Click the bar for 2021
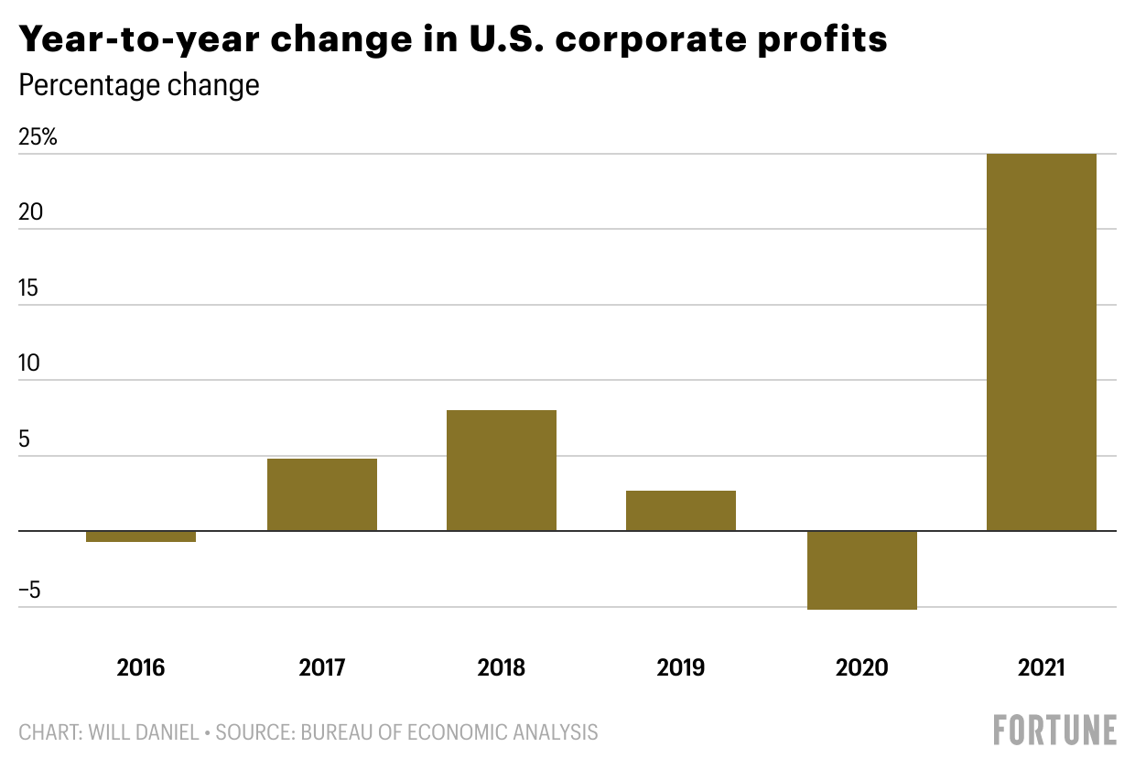point(1041,342)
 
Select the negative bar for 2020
point(861,569)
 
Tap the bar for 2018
point(501,471)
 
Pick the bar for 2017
point(321,494)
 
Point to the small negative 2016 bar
point(141,536)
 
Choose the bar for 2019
point(680,511)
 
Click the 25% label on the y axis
point(38,138)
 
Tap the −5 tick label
point(30,590)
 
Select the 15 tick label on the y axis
point(30,288)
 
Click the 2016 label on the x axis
point(141,667)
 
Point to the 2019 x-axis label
point(680,667)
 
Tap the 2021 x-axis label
point(1041,667)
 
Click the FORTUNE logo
point(1054,731)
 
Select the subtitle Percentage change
point(139,86)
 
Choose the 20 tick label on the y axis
point(30,212)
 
